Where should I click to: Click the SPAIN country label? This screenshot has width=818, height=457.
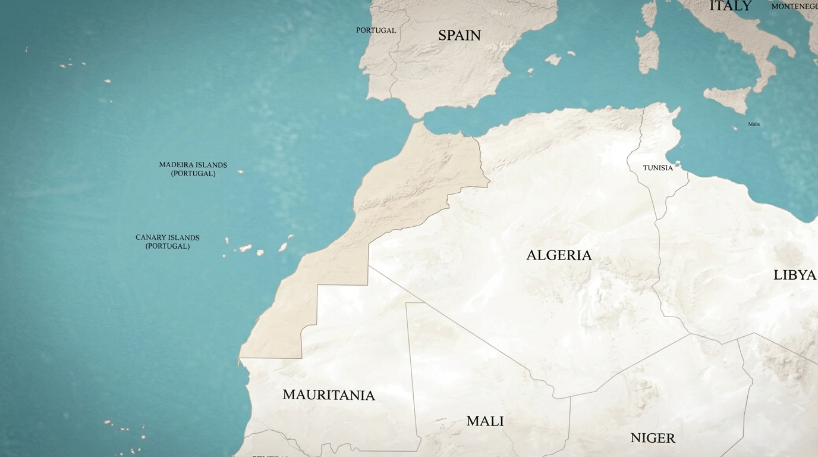459,36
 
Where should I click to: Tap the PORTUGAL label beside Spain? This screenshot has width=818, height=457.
376,30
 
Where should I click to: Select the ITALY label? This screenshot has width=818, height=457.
730,6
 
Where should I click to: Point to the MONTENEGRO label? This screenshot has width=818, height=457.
794,7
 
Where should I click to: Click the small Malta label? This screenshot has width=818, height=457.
754,124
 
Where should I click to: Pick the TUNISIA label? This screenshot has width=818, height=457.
657,168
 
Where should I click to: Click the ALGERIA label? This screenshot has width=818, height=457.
559,255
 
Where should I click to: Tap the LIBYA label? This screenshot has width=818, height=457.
794,275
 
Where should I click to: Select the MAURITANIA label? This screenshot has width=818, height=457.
328,395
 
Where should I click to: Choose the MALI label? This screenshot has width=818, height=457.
485,421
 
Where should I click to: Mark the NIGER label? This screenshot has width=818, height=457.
653,439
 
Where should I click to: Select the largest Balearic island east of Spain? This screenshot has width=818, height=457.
553,59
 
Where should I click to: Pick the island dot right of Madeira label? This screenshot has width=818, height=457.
240,172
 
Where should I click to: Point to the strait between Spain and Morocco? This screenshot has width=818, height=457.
420,118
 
